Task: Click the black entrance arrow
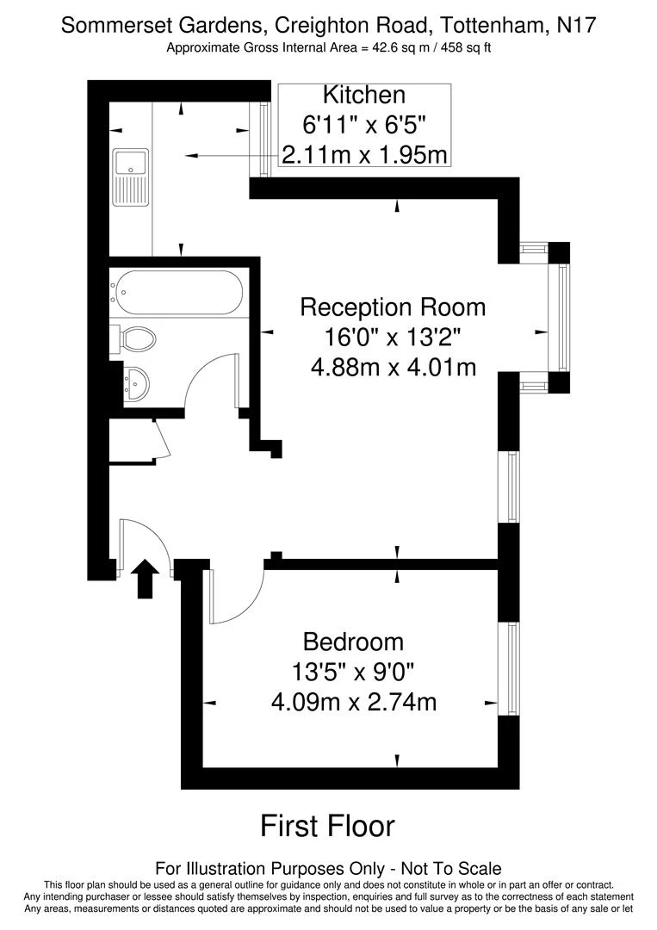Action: pyautogui.click(x=147, y=578)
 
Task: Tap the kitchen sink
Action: pyautogui.click(x=131, y=177)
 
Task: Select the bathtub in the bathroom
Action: pyautogui.click(x=179, y=293)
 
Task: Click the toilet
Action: pyautogui.click(x=135, y=338)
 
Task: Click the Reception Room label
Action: pyautogui.click(x=393, y=307)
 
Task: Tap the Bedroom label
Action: pyautogui.click(x=353, y=642)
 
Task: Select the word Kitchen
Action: pyautogui.click(x=363, y=95)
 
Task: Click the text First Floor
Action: pyautogui.click(x=327, y=827)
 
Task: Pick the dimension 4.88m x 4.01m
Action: pyautogui.click(x=393, y=368)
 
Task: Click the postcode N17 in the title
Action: pyautogui.click(x=574, y=26)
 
